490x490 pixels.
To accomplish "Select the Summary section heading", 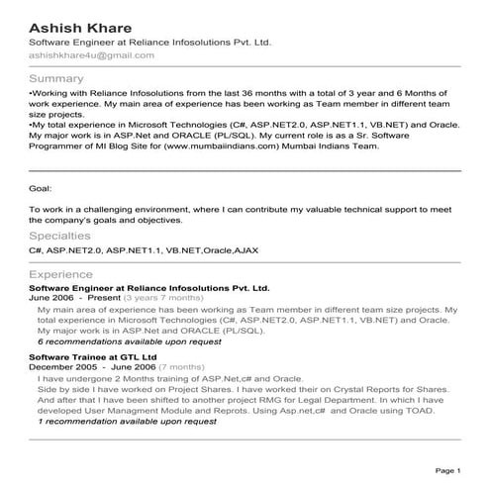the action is point(56,78).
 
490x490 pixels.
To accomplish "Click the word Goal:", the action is point(41,186).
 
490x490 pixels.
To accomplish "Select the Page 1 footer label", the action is point(447,470).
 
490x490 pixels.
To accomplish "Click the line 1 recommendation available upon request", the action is point(128,421).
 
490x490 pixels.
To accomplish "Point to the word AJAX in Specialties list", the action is point(245,251).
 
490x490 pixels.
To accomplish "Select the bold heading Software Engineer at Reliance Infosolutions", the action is point(149,287).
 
